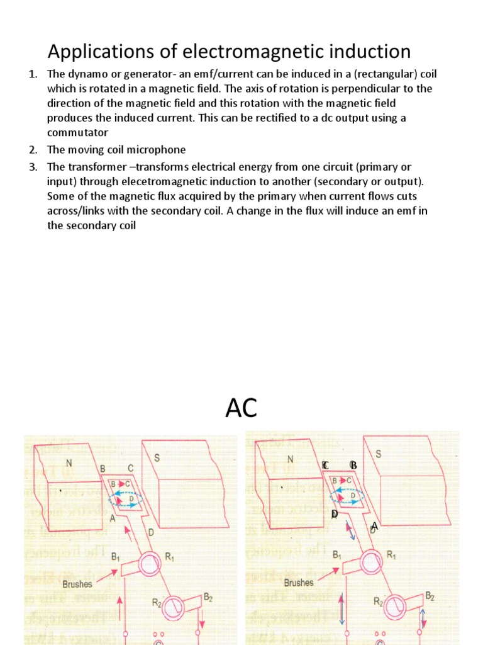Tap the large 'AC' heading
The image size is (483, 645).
[241, 408]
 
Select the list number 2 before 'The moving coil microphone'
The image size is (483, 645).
[33, 149]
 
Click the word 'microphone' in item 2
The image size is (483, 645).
[155, 149]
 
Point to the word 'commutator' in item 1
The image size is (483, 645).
[78, 132]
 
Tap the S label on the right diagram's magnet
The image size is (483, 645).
[378, 454]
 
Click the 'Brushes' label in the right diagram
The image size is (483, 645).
[299, 583]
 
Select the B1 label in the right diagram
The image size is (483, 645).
[338, 556]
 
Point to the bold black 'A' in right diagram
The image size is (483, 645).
[374, 526]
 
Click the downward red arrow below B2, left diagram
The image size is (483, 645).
[200, 624]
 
